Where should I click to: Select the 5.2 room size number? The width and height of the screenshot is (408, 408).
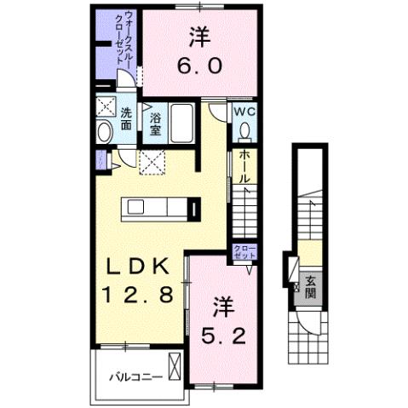(x=224, y=331)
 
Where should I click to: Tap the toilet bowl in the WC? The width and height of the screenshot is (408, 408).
(x=244, y=130)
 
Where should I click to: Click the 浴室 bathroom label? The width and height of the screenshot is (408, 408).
(x=157, y=125)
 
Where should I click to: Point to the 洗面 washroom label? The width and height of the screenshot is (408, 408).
(x=126, y=118)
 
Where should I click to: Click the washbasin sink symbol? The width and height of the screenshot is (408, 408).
(x=105, y=133)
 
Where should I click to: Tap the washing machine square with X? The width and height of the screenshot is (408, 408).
(x=106, y=106)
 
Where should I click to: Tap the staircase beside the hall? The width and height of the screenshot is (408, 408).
(x=245, y=213)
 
